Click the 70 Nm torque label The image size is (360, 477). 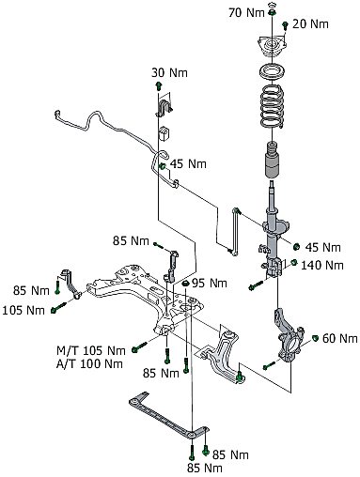(246, 13)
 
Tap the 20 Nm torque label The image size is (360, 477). (310, 24)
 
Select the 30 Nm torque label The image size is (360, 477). (169, 72)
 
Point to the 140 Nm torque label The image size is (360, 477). (322, 265)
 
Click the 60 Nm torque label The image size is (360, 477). (340, 338)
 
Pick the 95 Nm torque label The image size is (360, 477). (210, 284)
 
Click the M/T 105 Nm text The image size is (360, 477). (91, 350)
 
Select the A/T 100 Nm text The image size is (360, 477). (89, 363)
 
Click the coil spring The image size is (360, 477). (273, 106)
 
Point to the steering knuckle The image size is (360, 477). (289, 335)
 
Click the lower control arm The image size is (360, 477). (220, 354)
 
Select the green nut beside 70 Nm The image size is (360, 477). (272, 13)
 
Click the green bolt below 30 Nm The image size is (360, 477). (159, 85)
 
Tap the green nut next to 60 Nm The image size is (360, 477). (316, 338)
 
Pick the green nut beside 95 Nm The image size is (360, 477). (185, 284)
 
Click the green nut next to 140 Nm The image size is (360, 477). (294, 262)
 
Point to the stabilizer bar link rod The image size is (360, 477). (236, 232)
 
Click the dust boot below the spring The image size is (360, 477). (273, 160)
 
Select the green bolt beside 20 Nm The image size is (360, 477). (285, 25)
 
